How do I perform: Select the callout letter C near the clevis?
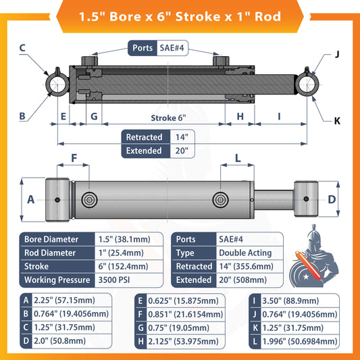point(22,47)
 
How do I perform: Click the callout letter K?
point(336,122)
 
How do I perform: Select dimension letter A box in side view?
point(30,199)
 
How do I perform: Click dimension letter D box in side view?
point(332,199)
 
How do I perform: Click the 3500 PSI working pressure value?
point(119,279)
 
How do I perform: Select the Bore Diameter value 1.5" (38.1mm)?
point(125,239)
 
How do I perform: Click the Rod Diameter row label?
point(51,252)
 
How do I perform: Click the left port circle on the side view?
point(90,199)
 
